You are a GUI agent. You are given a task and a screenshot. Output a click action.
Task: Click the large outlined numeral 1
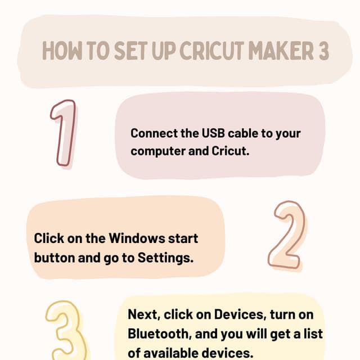tap(64, 133)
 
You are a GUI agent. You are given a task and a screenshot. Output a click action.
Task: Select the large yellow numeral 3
tap(66, 332)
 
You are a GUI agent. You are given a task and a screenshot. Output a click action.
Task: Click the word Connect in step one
tap(152, 134)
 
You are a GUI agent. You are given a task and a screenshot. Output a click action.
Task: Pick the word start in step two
tap(183, 238)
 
